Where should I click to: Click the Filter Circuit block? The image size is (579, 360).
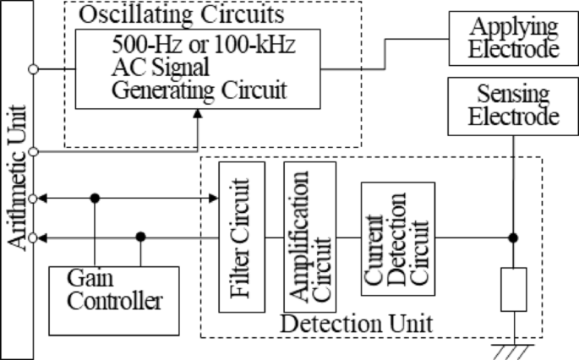tap(237, 237)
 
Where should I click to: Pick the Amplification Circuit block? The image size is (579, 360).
tap(309, 236)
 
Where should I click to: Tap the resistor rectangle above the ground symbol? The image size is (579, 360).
tap(514, 288)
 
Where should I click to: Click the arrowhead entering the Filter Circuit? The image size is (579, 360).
tap(213, 199)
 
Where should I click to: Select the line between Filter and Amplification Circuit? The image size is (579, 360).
tap(270, 238)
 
